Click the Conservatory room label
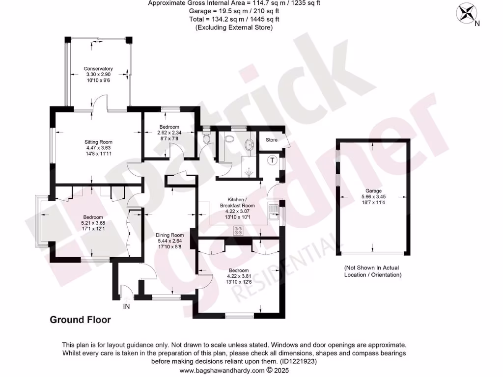pos(98,69)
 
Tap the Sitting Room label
pos(96,142)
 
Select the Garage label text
pos(373,191)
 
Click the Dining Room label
pos(170,235)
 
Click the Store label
pos(271,140)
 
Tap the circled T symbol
pos(271,160)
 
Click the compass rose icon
pos(465,12)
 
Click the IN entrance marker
pos(126,306)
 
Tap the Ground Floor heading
pos(80,320)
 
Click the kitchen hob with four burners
pos(239,230)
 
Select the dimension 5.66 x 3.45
pos(373,197)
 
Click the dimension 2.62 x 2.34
pos(169,133)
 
